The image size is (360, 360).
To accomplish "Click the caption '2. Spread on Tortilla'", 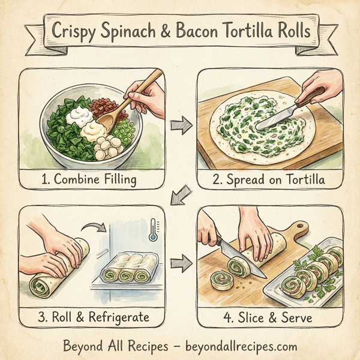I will [x=271, y=179].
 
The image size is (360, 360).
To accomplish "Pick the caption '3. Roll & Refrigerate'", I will [x=93, y=316].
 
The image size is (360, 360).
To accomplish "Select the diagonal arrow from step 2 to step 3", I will [x=181, y=195].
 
